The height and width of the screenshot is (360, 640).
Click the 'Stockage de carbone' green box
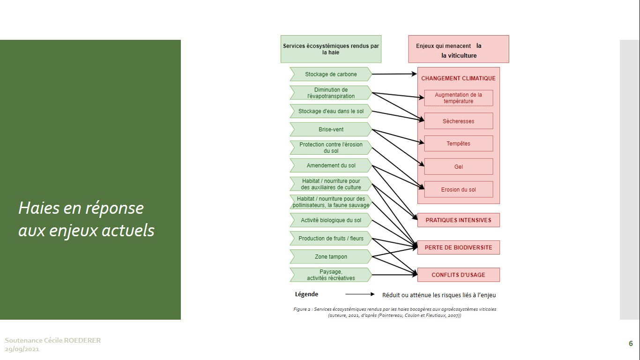pyautogui.click(x=331, y=75)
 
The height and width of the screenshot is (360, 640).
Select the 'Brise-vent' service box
pyautogui.click(x=331, y=129)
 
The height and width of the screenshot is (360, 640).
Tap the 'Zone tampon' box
pyautogui.click(x=331, y=257)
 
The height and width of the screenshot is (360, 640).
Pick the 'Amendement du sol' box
pyautogui.click(x=331, y=165)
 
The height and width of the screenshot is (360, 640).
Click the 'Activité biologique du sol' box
pyautogui.click(x=331, y=220)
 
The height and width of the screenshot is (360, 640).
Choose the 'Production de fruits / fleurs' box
pyautogui.click(x=331, y=239)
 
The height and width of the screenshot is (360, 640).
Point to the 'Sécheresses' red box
pyautogui.click(x=459, y=121)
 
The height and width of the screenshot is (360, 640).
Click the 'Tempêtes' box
pyautogui.click(x=459, y=143)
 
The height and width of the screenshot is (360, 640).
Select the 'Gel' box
pyautogui.click(x=459, y=167)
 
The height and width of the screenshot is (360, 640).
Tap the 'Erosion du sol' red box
pyautogui.click(x=459, y=189)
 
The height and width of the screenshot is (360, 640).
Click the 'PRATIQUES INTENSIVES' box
pyautogui.click(x=459, y=220)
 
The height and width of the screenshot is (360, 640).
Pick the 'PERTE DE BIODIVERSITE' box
pyautogui.click(x=459, y=247)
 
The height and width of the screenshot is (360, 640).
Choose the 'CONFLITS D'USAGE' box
pyautogui.click(x=459, y=275)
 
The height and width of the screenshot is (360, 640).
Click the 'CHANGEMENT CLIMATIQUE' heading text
pyautogui.click(x=458, y=78)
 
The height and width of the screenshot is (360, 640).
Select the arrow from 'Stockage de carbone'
pyautogui.click(x=394, y=74)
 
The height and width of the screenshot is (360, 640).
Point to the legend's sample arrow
pyautogui.click(x=360, y=294)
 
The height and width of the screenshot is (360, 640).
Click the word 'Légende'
pyautogui.click(x=306, y=294)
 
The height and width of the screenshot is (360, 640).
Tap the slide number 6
pyautogui.click(x=631, y=344)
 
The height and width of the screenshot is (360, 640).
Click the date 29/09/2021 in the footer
pyautogui.click(x=22, y=349)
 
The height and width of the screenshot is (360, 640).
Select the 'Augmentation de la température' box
pyautogui.click(x=459, y=98)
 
